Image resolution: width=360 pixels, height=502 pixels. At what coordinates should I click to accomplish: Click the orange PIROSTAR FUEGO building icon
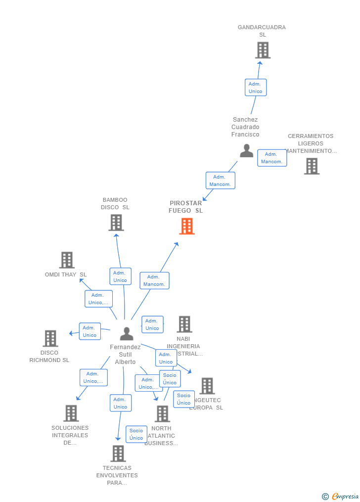[x=186, y=226]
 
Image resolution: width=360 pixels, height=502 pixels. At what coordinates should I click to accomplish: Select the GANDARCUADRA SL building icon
[x=263, y=50]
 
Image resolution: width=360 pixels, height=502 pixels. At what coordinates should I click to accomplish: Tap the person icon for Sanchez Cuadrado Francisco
[x=246, y=151]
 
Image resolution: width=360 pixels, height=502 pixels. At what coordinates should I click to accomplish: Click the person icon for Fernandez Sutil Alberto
[x=127, y=334]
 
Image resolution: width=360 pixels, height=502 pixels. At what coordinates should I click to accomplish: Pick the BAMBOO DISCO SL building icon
[x=116, y=223]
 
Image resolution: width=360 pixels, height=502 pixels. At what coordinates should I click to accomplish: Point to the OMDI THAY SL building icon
[x=67, y=260]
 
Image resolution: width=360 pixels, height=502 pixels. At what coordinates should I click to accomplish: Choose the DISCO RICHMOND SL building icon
[x=50, y=338]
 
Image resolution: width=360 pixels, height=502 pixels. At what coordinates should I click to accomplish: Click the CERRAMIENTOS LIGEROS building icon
[x=312, y=166]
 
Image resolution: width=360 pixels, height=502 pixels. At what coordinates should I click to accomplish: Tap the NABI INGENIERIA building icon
[x=184, y=324]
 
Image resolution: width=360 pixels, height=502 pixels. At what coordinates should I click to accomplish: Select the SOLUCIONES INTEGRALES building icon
[x=71, y=413]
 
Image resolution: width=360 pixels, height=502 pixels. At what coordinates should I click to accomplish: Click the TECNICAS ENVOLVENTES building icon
[x=118, y=453]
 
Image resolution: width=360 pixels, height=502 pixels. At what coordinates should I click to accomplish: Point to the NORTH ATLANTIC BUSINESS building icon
[x=162, y=413]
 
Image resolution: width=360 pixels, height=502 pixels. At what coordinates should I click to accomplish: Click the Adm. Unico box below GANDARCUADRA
[x=256, y=88]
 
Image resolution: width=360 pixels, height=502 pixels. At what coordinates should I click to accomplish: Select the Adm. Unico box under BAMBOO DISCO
[x=120, y=276]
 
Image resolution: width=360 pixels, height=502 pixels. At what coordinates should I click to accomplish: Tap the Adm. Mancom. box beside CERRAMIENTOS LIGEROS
[x=271, y=158]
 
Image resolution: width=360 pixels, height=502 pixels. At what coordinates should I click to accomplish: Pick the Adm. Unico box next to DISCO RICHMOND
[x=90, y=331]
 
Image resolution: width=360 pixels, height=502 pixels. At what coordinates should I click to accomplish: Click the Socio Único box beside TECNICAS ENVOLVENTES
[x=136, y=434]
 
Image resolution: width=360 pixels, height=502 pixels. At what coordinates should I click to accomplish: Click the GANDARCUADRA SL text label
[x=262, y=31]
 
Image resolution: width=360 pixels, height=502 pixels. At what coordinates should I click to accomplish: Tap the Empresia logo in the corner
[x=340, y=496]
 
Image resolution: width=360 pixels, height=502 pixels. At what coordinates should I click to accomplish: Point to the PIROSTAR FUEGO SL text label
[x=186, y=207]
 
